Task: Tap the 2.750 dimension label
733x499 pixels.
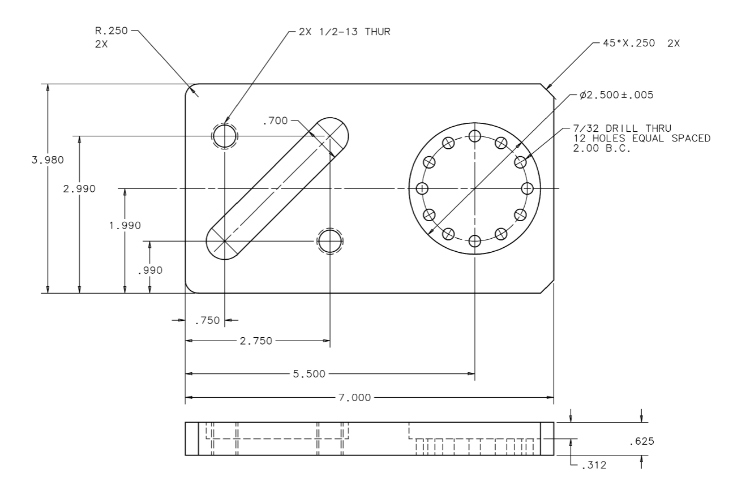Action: pos(256,341)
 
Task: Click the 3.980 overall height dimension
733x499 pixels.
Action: pos(48,160)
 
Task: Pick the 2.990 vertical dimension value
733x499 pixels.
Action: pos(79,188)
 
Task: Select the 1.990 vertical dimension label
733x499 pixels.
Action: pos(125,225)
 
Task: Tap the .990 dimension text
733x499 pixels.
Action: pos(149,270)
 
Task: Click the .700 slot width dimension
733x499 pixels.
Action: pos(276,120)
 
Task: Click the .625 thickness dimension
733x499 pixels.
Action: pos(641,441)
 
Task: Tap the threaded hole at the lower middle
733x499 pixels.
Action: pos(330,241)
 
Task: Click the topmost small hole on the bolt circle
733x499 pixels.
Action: pos(474,136)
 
